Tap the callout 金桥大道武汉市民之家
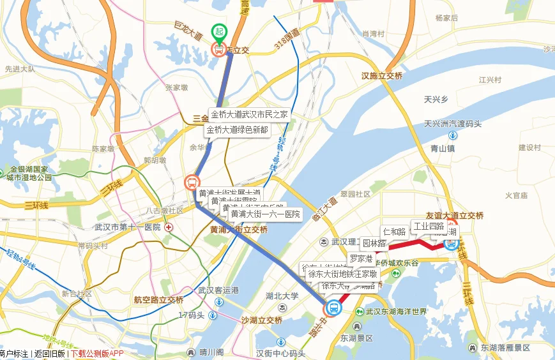click(249, 115)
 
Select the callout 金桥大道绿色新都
click(237, 130)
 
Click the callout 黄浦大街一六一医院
click(265, 214)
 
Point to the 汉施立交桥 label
click(382, 76)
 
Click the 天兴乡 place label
click(436, 100)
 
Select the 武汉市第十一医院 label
click(127, 227)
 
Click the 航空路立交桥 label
click(158, 300)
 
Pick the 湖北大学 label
click(282, 296)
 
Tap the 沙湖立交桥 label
click(262, 320)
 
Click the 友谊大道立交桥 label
click(455, 216)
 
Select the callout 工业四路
click(429, 227)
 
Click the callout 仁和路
click(394, 231)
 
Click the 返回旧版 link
click(50, 354)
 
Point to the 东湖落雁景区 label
click(505, 348)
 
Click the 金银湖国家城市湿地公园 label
click(27, 174)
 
